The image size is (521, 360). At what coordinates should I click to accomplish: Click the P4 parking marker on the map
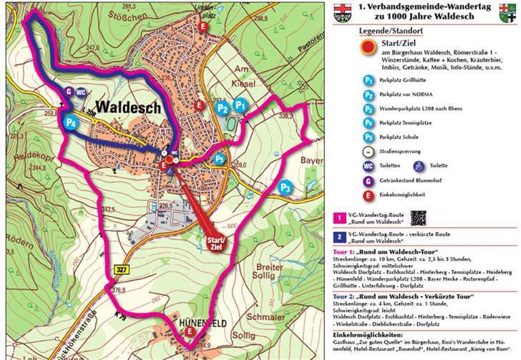70,122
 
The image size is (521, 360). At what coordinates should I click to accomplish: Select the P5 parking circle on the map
220,159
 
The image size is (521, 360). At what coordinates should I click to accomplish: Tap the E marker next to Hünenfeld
189,332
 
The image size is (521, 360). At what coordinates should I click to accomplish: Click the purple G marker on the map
69,92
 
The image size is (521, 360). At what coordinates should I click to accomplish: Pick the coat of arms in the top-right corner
510,15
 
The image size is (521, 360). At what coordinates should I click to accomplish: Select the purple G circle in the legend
368,179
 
